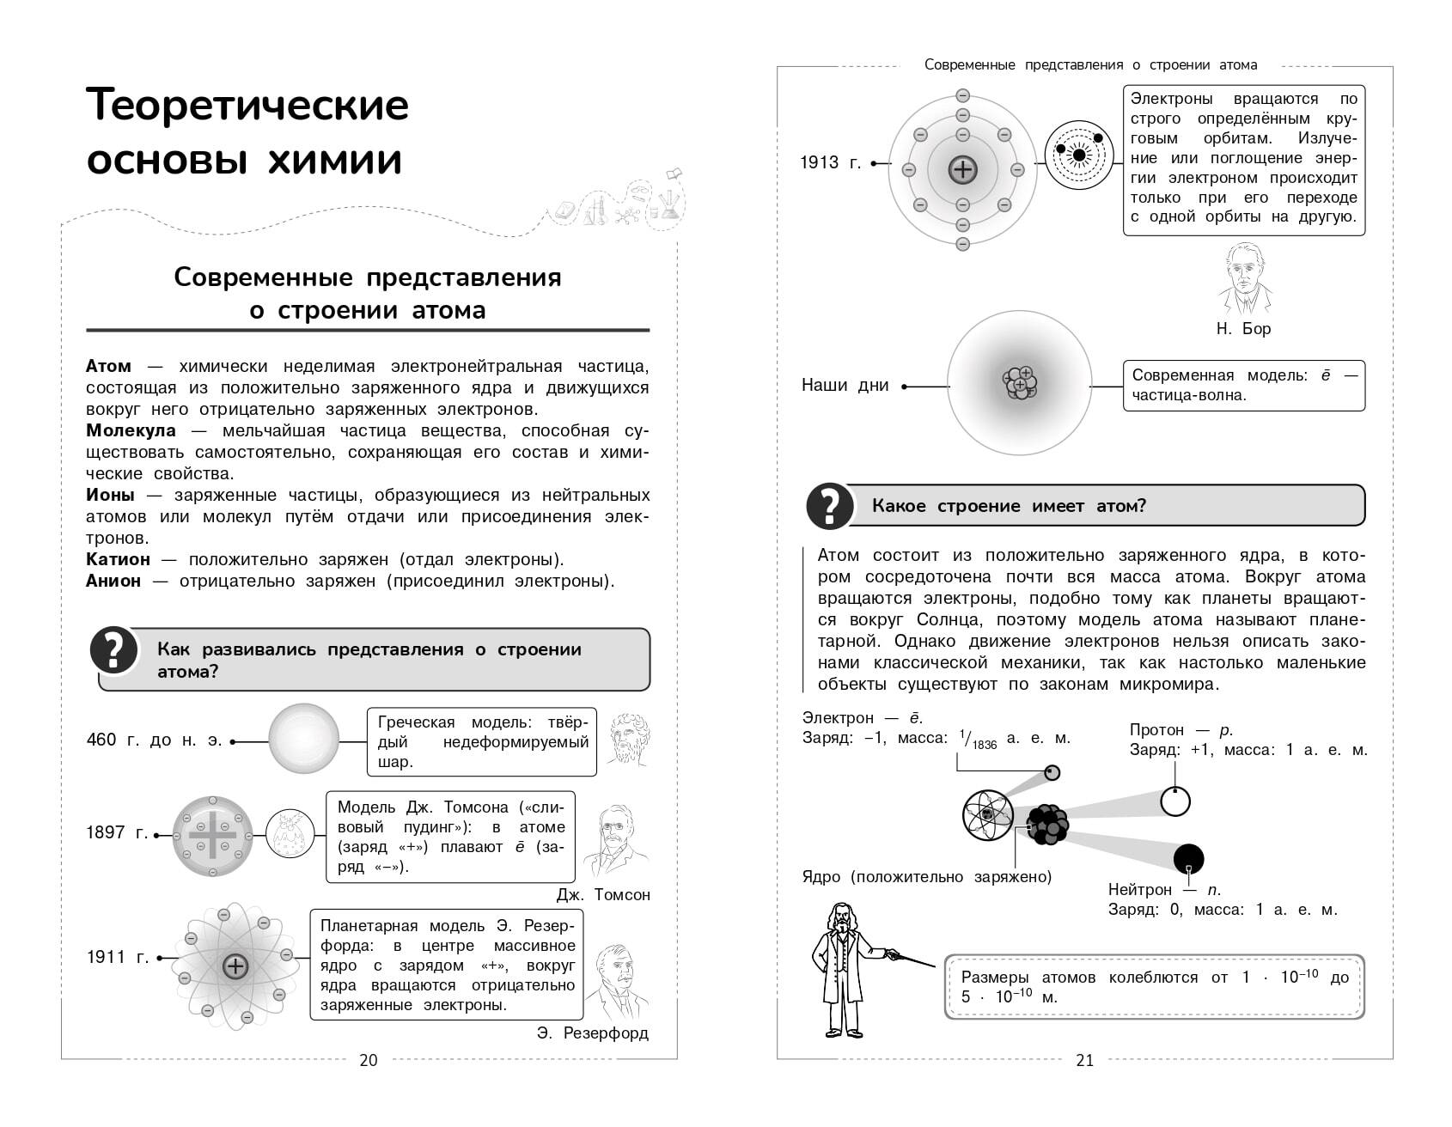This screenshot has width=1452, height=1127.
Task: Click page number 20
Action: point(368,1060)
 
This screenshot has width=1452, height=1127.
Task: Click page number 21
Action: point(1085,1060)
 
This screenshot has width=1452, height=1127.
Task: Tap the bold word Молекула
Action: point(131,430)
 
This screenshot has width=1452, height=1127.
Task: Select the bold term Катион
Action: point(118,559)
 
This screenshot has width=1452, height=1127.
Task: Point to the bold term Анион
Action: point(113,581)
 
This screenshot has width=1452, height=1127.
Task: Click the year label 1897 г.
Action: point(117,832)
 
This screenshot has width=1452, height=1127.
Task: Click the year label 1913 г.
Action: point(830,162)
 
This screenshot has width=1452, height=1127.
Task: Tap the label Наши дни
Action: point(845,386)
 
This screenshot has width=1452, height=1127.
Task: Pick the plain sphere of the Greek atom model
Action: point(304,739)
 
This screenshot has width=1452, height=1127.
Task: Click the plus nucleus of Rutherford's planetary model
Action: point(235,966)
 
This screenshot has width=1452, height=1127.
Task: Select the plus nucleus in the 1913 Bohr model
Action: point(962,169)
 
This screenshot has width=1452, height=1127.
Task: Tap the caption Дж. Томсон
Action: point(603,894)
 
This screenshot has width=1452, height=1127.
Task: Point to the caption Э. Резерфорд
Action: point(592,1033)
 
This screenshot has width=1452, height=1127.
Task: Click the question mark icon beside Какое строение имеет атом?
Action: point(829,506)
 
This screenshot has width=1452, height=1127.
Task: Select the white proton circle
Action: point(1174,801)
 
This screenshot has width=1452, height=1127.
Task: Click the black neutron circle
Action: point(1188,858)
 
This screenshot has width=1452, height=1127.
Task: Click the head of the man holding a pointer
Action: point(840,917)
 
